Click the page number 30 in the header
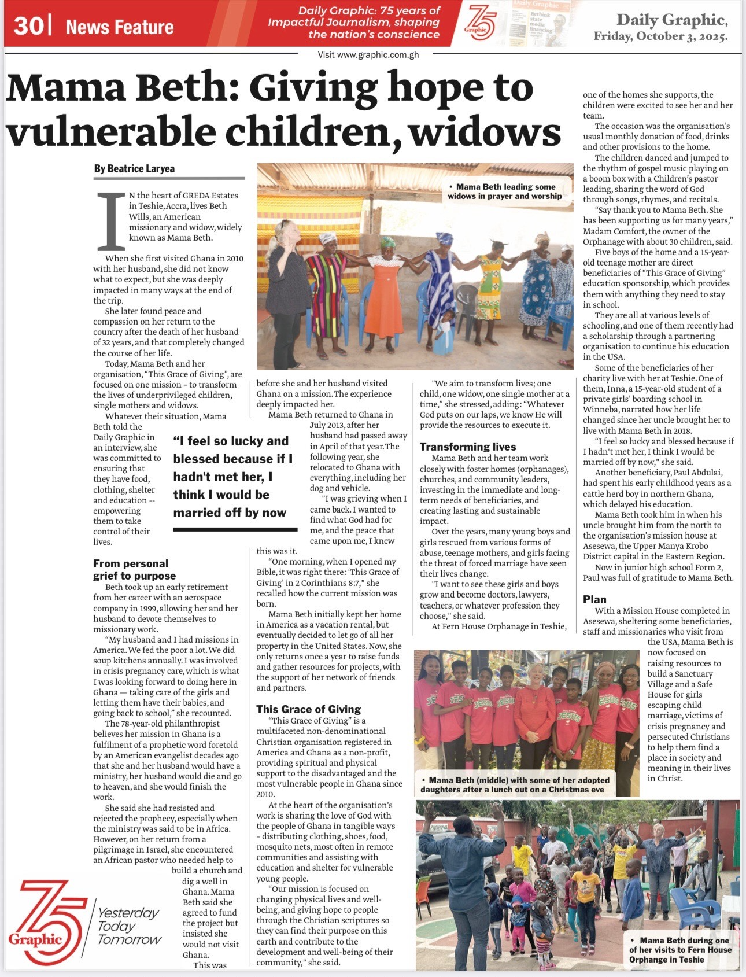tap(27, 26)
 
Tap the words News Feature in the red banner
tap(120, 27)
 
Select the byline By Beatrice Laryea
tap(134, 169)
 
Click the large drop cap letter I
tap(111, 222)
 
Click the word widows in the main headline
tap(485, 132)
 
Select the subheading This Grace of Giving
tap(308, 709)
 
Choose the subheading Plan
tap(594, 599)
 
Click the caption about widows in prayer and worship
tap(505, 191)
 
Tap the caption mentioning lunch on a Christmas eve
tap(515, 784)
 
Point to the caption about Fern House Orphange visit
tap(680, 950)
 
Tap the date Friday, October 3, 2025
tap(660, 36)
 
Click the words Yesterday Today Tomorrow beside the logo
tap(128, 926)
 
